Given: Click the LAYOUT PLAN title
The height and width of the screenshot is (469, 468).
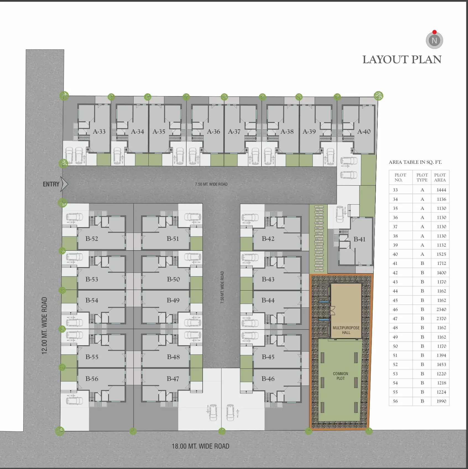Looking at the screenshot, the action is [402, 60].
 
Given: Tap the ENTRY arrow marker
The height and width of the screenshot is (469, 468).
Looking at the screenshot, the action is [64, 184].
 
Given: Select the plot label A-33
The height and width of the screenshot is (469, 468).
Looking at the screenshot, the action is [99, 131].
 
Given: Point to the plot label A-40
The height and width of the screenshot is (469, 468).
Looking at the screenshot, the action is [364, 131].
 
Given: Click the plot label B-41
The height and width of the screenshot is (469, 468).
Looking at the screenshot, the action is [359, 239].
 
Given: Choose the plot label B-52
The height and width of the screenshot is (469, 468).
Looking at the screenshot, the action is [92, 239].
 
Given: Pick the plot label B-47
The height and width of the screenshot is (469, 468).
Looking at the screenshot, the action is [173, 379].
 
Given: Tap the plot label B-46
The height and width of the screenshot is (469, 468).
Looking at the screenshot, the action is [268, 379].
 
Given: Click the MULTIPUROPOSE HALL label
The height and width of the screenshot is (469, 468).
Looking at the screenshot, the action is [346, 330].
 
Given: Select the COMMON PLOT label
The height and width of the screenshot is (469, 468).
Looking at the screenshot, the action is [341, 376].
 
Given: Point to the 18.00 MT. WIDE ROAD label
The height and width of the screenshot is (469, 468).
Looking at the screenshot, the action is [200, 446].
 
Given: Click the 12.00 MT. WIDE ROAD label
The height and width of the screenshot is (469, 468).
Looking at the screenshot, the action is [45, 326].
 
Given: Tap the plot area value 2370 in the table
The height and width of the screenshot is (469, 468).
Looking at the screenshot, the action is [441, 318].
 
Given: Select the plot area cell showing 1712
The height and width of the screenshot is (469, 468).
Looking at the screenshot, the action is [441, 263].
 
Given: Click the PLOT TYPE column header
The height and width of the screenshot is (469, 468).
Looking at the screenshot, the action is [422, 177].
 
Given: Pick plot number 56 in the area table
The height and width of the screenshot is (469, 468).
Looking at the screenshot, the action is [395, 401].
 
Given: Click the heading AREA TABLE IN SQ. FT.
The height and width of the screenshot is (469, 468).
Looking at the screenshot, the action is [415, 162].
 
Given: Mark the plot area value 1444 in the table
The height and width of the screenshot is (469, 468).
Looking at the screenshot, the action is [441, 190].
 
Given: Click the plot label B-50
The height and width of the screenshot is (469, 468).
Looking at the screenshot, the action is [173, 279].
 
